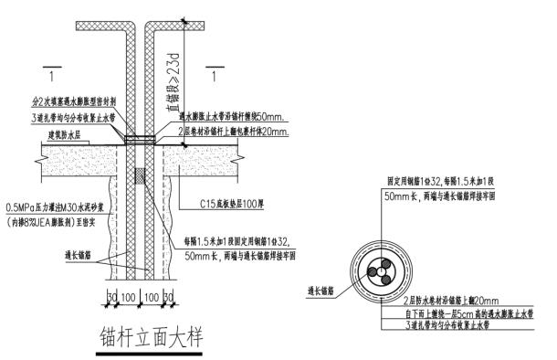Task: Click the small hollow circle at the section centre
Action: coord(375,272)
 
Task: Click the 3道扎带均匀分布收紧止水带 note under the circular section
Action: coord(456,325)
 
